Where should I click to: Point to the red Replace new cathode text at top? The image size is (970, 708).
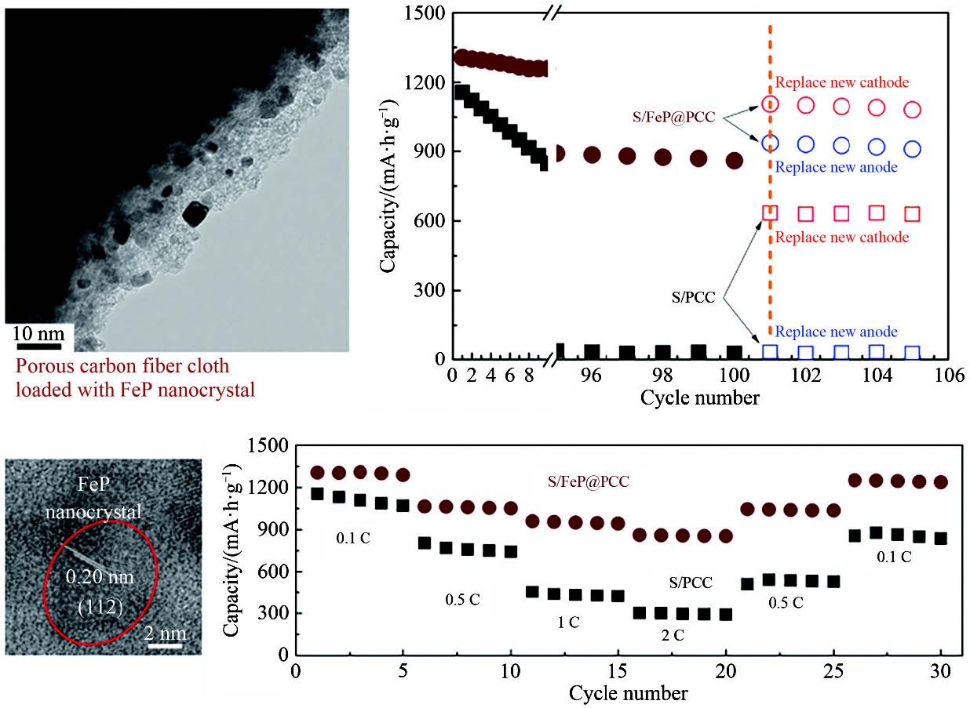click(x=842, y=82)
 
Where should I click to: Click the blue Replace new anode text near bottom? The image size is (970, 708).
click(x=837, y=332)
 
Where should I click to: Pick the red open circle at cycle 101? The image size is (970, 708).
click(x=770, y=103)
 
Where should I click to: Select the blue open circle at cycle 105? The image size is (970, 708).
click(x=912, y=149)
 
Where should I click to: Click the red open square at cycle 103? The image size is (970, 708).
click(x=841, y=213)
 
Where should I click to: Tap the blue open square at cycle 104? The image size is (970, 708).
click(x=877, y=352)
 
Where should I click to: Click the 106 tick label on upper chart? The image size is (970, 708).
click(x=948, y=376)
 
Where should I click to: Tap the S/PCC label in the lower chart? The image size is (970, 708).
click(x=691, y=583)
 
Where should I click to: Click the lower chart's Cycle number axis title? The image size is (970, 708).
click(x=629, y=693)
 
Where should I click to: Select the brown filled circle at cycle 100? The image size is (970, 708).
click(x=735, y=161)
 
